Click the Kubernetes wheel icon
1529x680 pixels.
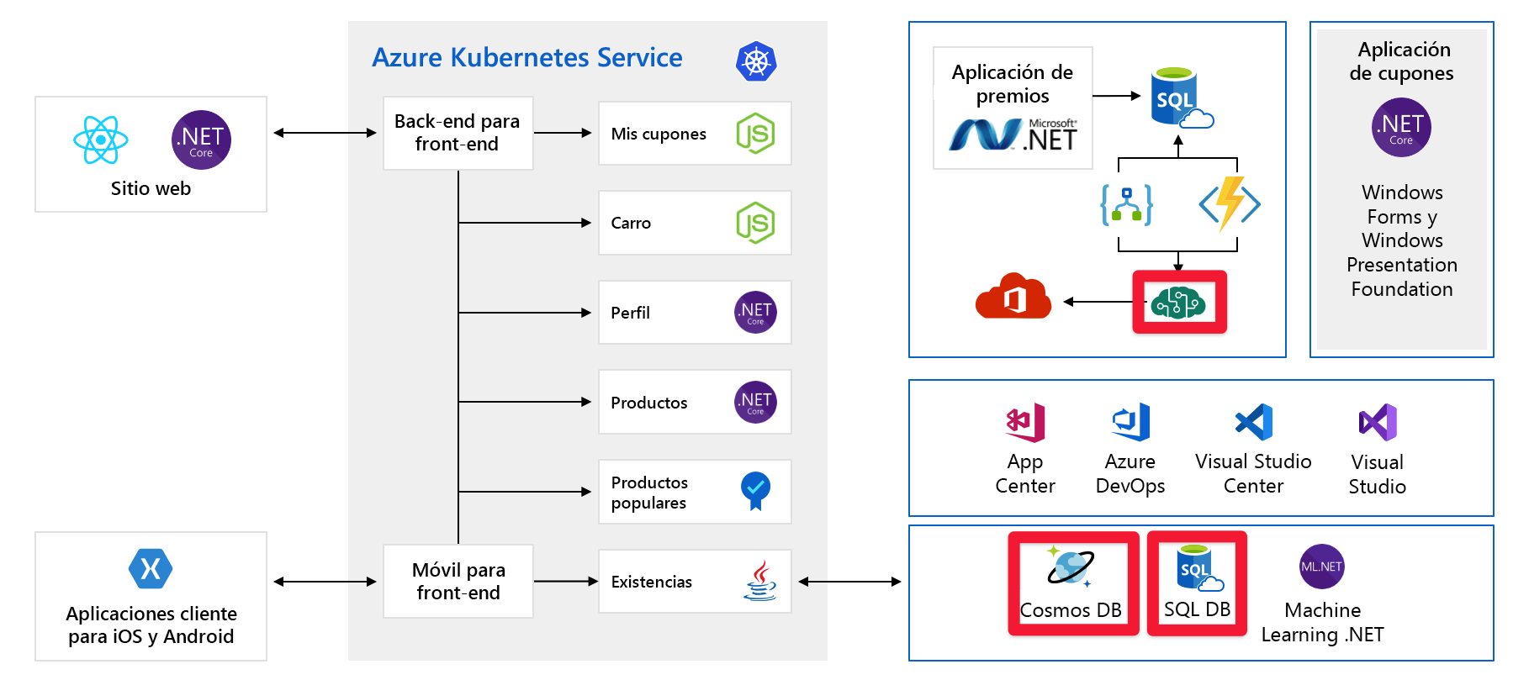coord(755,61)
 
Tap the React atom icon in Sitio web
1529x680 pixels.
coord(101,140)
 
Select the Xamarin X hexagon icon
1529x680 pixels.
coord(151,569)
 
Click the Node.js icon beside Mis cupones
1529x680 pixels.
coord(755,134)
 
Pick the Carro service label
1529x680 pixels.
coord(631,223)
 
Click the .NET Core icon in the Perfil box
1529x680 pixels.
coord(755,313)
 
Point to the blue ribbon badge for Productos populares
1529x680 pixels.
coord(755,490)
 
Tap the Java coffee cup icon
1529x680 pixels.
coord(759,581)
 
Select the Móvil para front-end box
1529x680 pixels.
coord(458,581)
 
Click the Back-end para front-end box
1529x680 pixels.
coord(458,133)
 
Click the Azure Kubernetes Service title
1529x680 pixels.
coord(527,57)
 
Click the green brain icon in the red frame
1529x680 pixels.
coord(1179,302)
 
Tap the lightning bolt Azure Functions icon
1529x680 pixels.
coord(1230,203)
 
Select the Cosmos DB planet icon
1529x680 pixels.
coord(1070,566)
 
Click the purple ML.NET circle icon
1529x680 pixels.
coord(1321,567)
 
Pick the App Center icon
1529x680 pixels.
coord(1025,422)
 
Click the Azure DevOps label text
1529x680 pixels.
coord(1130,473)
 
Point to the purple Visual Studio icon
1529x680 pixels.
coord(1378,422)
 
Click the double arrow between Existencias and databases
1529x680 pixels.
coord(849,581)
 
